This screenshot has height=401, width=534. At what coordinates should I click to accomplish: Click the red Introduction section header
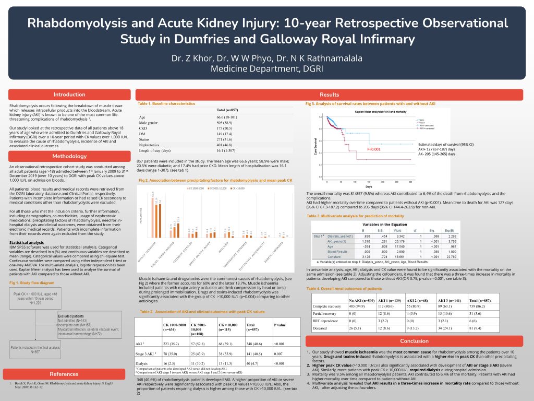point(69,95)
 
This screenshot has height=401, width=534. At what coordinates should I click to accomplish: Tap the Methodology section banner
point(69,156)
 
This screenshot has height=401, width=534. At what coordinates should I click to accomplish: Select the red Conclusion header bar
point(414,341)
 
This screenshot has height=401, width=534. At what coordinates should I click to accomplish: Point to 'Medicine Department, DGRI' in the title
point(267,69)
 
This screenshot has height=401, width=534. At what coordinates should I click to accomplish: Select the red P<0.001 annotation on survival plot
point(374,149)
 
